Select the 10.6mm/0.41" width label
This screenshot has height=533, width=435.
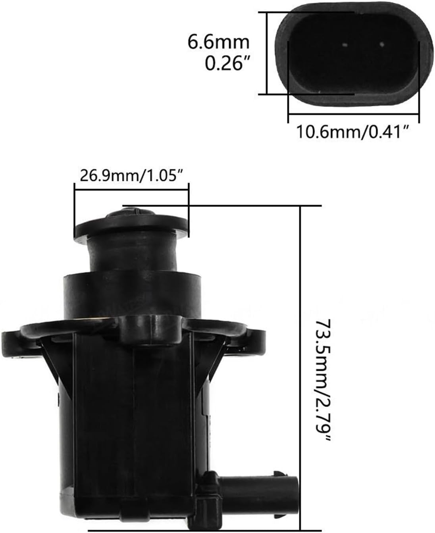353,131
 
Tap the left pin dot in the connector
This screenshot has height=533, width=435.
345,45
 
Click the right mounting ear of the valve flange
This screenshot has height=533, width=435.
254,337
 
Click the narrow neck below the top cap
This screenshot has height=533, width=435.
131,254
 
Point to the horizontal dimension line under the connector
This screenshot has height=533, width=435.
353,115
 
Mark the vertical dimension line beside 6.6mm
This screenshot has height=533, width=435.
268,53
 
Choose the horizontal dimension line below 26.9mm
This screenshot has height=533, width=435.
131,184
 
